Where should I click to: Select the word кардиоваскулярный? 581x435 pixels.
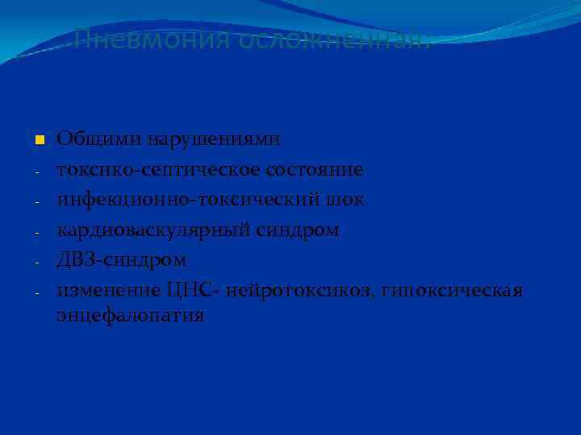(x=153, y=230)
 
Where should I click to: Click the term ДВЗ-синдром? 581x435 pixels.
(x=121, y=260)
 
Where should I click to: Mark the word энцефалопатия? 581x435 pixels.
(x=130, y=315)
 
